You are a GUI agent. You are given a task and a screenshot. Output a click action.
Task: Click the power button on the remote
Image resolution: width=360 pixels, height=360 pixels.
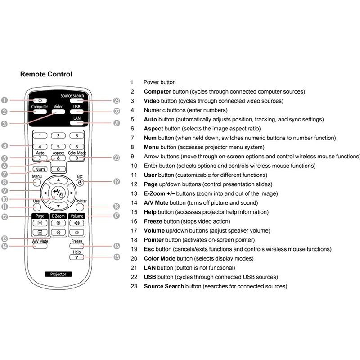coord(40,100)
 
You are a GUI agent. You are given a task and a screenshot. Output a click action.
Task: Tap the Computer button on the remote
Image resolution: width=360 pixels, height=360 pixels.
coord(40,112)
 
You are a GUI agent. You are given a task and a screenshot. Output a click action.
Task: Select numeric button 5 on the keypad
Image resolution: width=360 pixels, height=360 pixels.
coord(58,147)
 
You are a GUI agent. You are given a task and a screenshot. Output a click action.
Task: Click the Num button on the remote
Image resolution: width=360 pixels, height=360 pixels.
coord(40,169)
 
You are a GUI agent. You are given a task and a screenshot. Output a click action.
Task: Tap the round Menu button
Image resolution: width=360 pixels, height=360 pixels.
coord(37,183)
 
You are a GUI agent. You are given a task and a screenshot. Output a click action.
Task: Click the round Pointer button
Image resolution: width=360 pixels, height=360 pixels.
coord(81,207)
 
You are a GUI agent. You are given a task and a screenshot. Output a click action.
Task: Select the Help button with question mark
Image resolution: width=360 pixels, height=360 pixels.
coord(76,257)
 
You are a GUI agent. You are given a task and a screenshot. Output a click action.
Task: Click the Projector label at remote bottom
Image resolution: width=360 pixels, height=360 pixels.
coord(58,274)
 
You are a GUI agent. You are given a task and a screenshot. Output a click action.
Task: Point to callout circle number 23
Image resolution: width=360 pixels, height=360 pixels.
coord(117,101)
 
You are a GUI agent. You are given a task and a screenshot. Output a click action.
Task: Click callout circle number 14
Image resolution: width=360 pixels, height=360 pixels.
coord(5,246)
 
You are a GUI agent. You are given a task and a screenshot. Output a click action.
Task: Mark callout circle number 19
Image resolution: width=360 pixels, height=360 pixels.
coord(117,182)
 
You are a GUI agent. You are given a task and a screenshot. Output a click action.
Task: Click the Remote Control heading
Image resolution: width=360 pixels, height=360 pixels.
coord(46,74)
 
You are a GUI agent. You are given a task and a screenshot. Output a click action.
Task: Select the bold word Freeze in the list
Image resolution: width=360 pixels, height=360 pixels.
coord(153,221)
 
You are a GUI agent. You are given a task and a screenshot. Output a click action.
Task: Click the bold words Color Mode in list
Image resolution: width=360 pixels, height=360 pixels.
coord(159,258)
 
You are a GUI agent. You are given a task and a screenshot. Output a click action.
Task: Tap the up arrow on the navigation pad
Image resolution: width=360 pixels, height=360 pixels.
coord(58,180)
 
